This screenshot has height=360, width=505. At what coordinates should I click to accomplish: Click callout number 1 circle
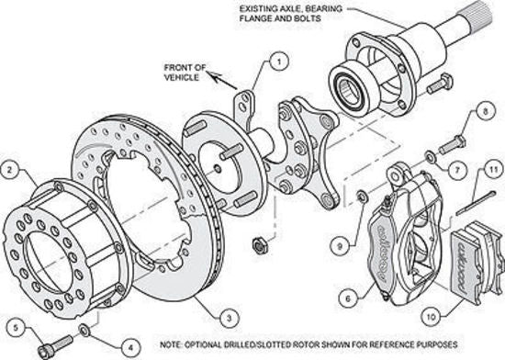pyautogui.click(x=274, y=63)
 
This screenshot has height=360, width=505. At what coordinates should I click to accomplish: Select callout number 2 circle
pyautogui.click(x=11, y=168)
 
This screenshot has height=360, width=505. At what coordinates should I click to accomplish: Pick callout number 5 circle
pyautogui.click(x=13, y=324)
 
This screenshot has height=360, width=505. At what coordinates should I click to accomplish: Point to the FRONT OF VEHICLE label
pyautogui.click(x=189, y=72)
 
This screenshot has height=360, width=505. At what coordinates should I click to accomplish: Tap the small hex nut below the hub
pyautogui.click(x=259, y=244)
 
